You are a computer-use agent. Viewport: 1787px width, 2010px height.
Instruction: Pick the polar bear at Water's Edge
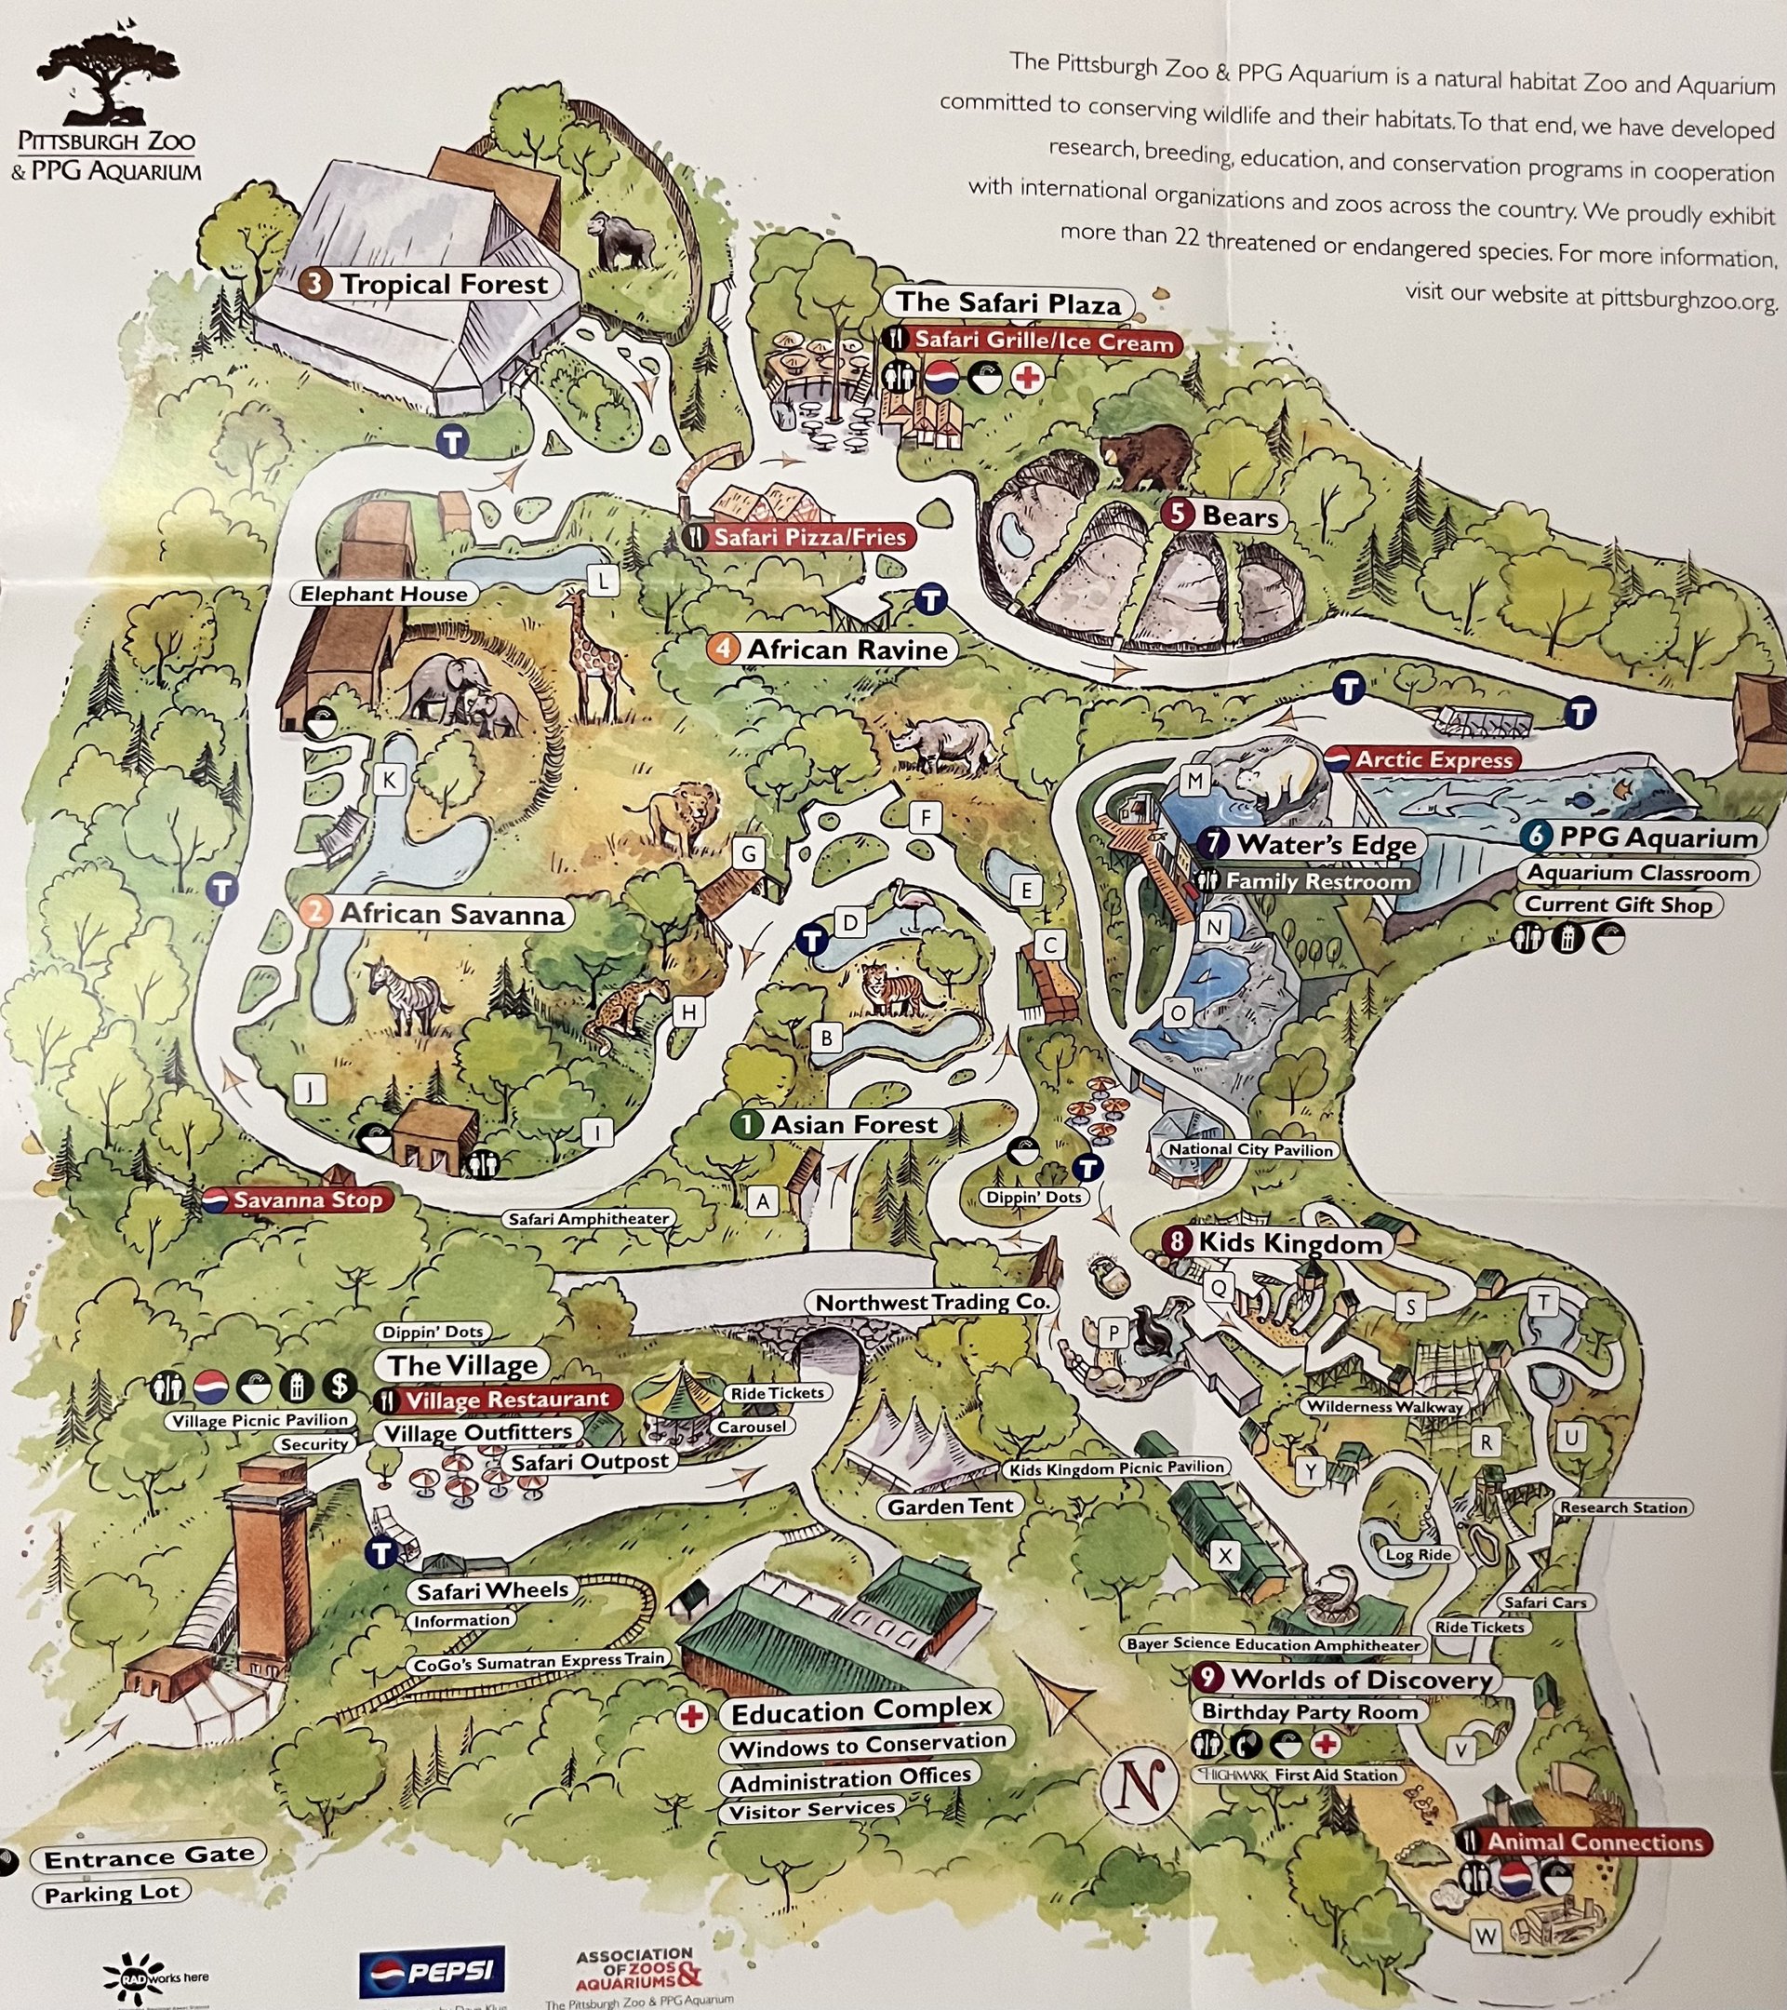point(1279,778)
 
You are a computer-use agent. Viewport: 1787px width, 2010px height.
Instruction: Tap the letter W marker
point(1486,1936)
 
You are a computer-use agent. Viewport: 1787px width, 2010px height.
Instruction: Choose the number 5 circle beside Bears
point(1177,515)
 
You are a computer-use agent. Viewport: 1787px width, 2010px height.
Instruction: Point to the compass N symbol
point(1139,1785)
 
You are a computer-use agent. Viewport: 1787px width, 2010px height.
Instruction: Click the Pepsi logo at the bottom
point(432,1972)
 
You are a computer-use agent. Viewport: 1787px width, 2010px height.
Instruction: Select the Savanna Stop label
point(298,1199)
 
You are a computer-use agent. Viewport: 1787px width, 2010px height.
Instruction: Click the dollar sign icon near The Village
point(340,1387)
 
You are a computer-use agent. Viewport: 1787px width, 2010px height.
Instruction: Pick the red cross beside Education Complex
point(693,1717)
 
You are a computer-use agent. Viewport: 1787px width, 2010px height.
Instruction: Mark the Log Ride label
point(1419,1555)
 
